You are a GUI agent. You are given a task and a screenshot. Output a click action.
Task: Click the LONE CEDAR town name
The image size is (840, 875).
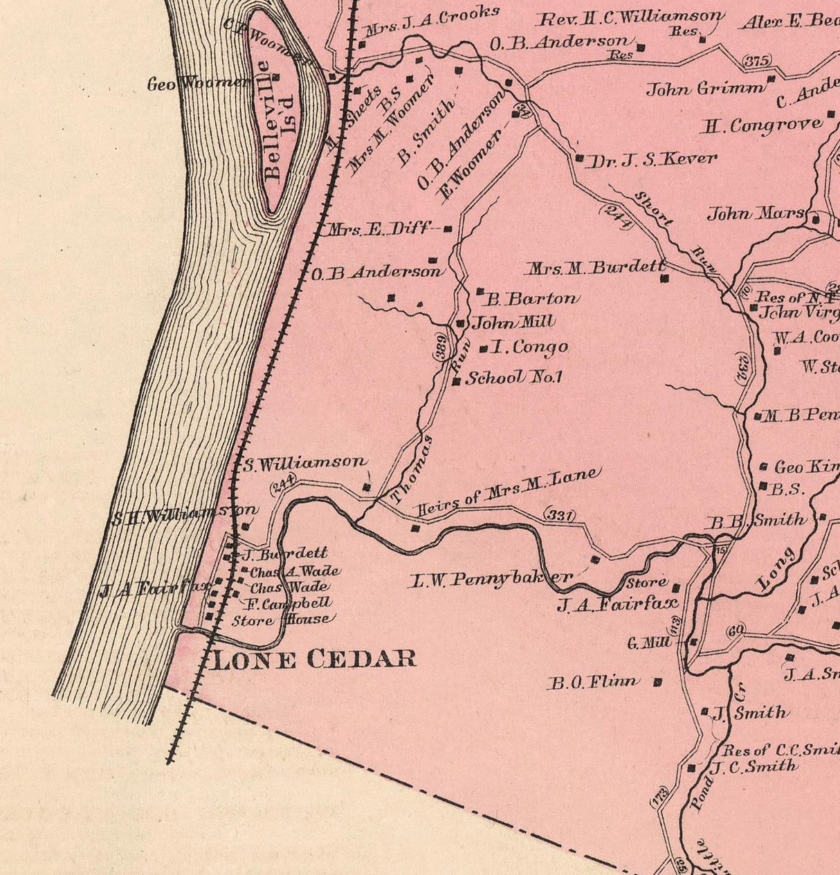(x=313, y=658)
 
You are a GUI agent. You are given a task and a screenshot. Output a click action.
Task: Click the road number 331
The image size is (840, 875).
(x=560, y=514)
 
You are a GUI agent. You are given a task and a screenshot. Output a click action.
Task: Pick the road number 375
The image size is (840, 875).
(x=757, y=62)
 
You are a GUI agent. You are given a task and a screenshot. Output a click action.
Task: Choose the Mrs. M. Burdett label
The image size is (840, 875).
(x=596, y=267)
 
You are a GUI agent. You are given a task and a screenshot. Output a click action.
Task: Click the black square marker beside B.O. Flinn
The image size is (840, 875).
(x=657, y=682)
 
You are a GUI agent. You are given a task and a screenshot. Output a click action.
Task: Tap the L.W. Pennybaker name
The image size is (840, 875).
(x=491, y=579)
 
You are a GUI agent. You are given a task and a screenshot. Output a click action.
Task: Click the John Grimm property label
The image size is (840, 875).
(x=706, y=89)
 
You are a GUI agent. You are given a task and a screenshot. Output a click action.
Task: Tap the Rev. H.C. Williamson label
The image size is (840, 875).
(x=632, y=17)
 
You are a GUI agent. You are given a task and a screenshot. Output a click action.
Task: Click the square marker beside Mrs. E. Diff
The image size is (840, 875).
(x=448, y=229)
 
